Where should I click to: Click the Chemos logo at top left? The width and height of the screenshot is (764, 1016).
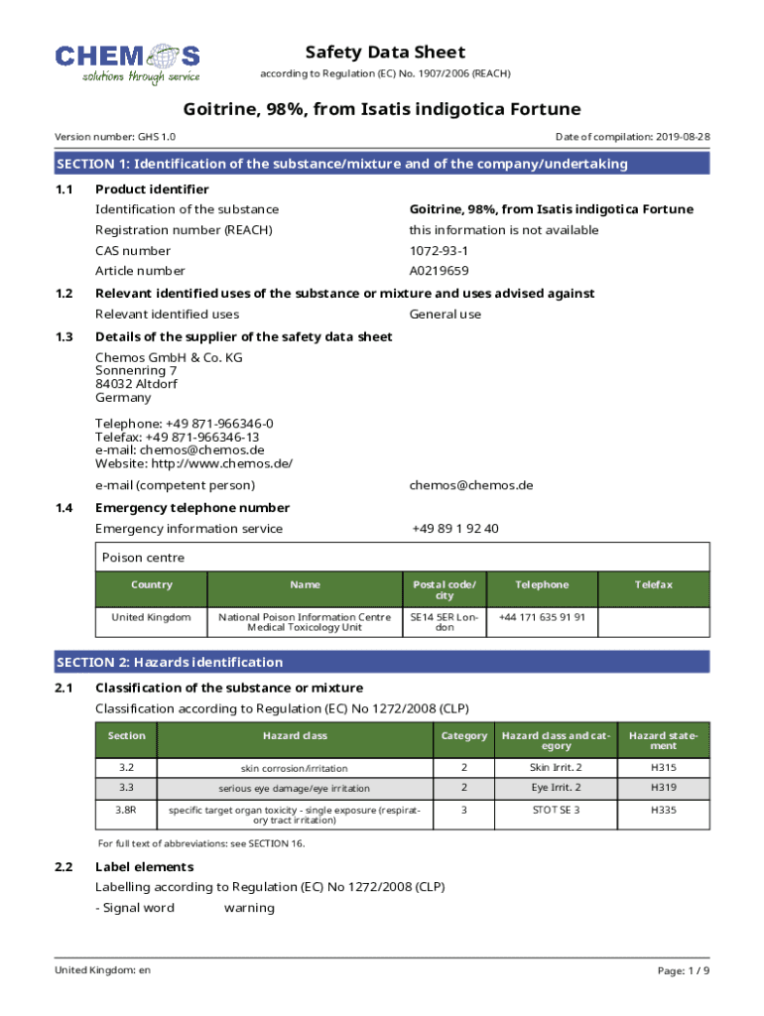pyautogui.click(x=127, y=63)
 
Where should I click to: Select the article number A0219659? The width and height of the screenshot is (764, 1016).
pyautogui.click(x=439, y=271)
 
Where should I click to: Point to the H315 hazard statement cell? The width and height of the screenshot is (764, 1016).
pyautogui.click(x=664, y=768)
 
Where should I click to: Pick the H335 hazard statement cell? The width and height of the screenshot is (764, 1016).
pyautogui.click(x=664, y=810)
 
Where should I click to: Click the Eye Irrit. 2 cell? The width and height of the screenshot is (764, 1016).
pyautogui.click(x=556, y=788)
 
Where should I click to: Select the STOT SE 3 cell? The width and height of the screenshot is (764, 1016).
pyautogui.click(x=556, y=810)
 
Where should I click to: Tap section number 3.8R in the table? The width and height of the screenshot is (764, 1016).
pyautogui.click(x=126, y=810)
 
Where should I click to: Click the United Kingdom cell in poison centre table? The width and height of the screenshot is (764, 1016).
pyautogui.click(x=151, y=617)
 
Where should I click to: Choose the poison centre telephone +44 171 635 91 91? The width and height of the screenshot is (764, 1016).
pyautogui.click(x=542, y=617)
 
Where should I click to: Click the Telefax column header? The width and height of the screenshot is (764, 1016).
pyautogui.click(x=654, y=585)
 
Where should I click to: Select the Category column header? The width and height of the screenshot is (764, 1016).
pyautogui.click(x=463, y=736)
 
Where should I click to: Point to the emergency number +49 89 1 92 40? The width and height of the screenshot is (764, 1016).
pyautogui.click(x=454, y=529)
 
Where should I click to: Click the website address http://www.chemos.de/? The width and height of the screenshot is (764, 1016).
pyautogui.click(x=193, y=463)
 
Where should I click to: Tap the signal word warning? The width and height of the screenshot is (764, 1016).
pyautogui.click(x=249, y=908)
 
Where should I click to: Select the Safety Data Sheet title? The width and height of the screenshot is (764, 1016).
pyautogui.click(x=385, y=53)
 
